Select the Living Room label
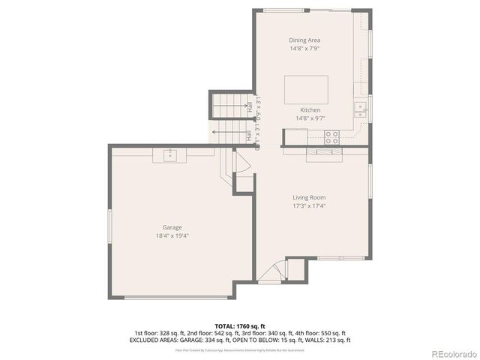308,197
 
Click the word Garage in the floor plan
172,227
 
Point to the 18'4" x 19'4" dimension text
172,235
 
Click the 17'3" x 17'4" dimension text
308,206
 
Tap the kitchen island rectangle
306,89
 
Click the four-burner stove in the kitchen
331,136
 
